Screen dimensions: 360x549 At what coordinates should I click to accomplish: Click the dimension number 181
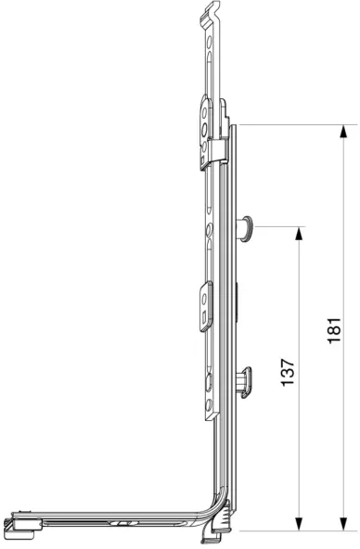334,330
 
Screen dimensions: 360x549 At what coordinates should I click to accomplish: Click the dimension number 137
288,372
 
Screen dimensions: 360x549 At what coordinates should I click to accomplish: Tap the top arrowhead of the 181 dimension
344,132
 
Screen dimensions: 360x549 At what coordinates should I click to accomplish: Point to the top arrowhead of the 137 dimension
299,234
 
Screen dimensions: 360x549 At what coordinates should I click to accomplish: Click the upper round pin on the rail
246,229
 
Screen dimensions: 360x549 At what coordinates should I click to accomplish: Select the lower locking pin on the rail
246,382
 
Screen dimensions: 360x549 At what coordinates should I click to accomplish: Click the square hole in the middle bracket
204,319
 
